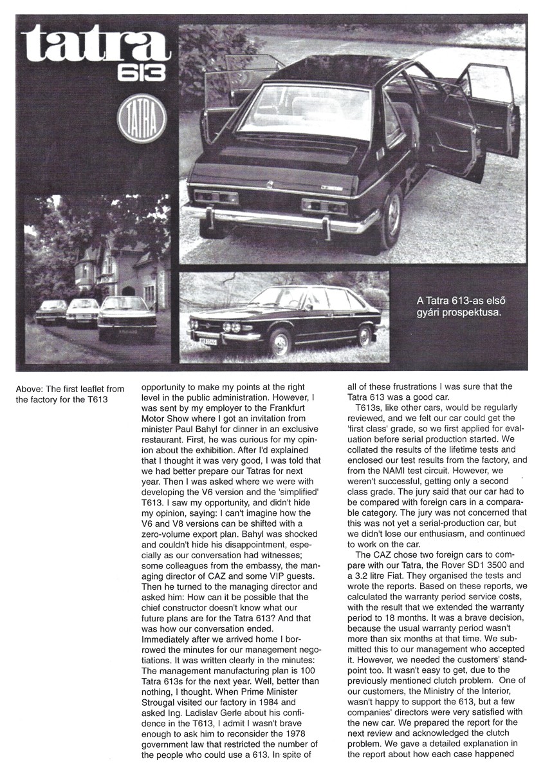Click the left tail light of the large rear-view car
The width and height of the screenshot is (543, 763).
click(x=207, y=199)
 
